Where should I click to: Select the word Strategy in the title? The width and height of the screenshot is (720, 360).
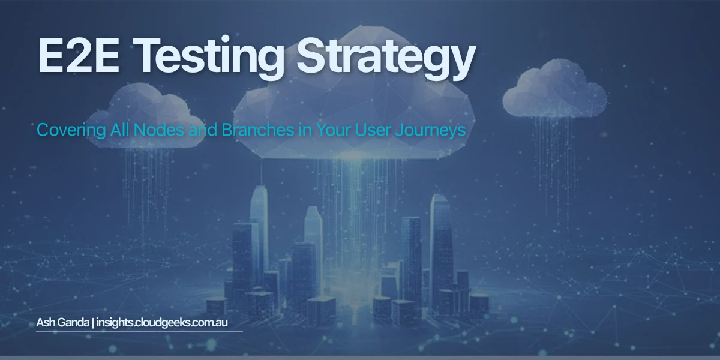tap(384, 58)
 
